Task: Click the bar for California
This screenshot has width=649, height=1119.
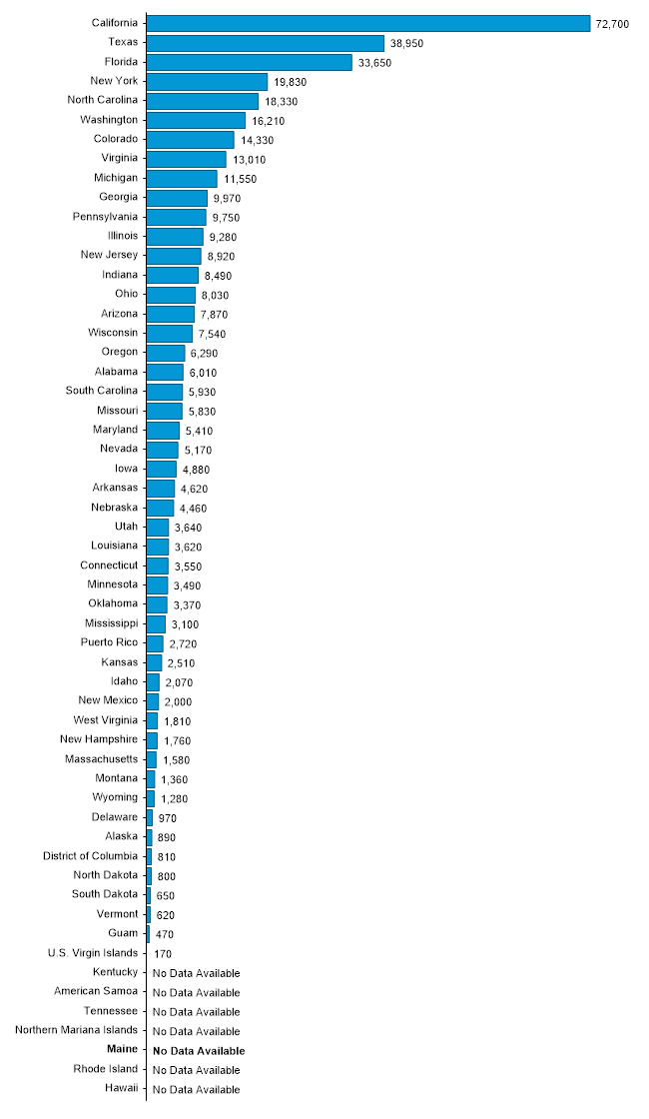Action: [368, 23]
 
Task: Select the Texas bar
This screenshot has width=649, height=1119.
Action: [266, 43]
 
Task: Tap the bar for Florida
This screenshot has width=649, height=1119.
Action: [250, 62]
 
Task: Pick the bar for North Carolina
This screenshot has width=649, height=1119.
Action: [203, 101]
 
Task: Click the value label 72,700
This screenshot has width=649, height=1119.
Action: [612, 24]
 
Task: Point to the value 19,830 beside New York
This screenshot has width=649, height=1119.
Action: [291, 82]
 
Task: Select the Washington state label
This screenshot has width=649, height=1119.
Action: [109, 120]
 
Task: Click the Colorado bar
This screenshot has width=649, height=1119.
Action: [191, 140]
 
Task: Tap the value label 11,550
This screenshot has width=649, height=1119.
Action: [240, 179]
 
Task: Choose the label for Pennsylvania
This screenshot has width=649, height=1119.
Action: [105, 217]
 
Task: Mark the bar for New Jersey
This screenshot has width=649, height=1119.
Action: [174, 256]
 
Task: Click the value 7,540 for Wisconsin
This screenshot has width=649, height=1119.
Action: [213, 334]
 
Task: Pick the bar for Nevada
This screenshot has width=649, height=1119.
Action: [163, 450]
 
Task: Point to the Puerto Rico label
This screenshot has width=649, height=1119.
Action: [109, 642]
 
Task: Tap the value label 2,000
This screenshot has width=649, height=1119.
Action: [178, 701]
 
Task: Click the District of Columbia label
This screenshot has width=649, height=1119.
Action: [90, 856]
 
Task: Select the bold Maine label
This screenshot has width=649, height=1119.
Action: [123, 1050]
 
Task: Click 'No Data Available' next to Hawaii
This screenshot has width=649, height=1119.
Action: [196, 1090]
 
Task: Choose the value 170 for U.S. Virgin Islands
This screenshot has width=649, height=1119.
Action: [162, 954]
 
